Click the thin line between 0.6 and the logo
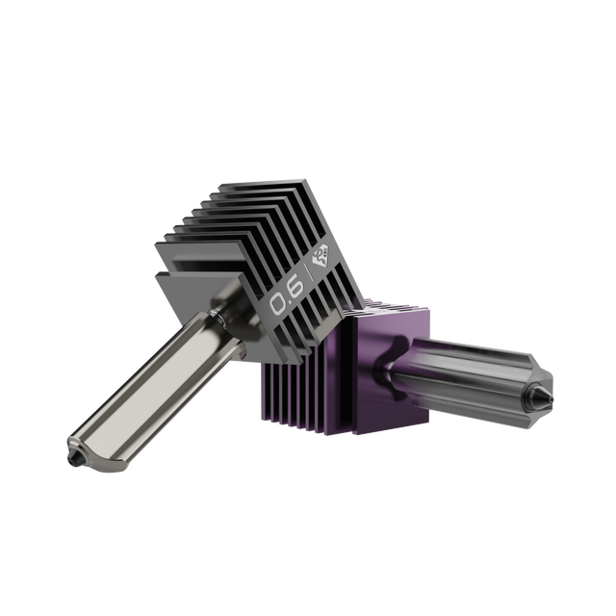pos(306,273)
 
